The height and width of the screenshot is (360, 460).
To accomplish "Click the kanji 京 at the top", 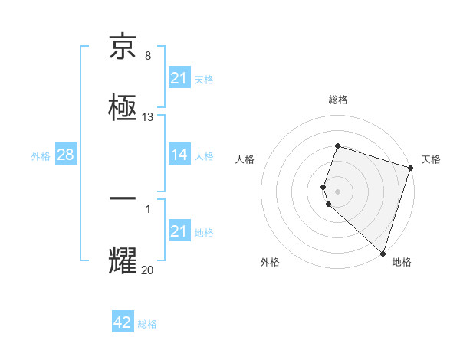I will tap(123, 47).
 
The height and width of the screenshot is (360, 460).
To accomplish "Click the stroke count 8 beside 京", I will tap(148, 56).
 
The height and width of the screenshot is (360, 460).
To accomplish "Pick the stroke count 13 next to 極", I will tap(148, 117).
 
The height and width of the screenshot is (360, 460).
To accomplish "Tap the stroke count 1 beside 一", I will tap(148, 208).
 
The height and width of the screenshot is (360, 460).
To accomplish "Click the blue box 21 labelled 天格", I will tap(179, 78).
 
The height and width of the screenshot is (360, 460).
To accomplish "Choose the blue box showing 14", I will tap(179, 155).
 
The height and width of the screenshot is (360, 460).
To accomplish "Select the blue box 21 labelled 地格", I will tap(179, 231).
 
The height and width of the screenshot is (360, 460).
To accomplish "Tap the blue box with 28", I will tap(65, 155).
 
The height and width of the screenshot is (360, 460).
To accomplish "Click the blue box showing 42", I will tap(123, 322).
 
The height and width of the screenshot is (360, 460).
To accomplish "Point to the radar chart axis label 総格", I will tap(338, 100).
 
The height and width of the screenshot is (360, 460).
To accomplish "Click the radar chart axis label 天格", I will tap(431, 159).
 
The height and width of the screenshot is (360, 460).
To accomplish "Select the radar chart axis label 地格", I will tap(402, 263).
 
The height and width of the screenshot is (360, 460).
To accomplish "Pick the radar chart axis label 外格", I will tap(270, 263).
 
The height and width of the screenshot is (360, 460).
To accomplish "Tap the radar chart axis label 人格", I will tap(245, 159).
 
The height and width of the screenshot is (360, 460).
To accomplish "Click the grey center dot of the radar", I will tap(338, 191).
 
